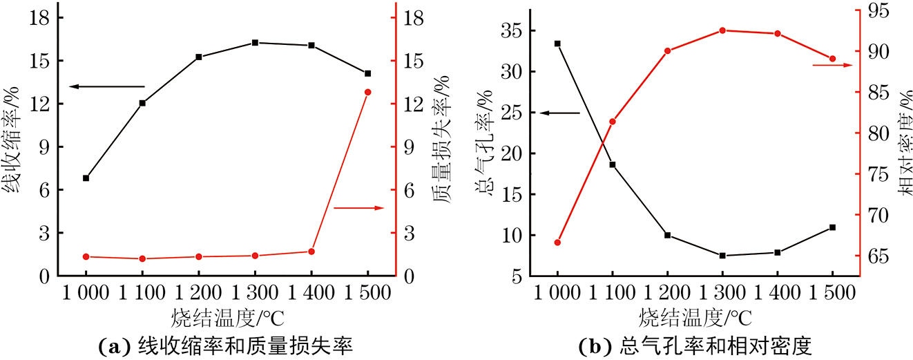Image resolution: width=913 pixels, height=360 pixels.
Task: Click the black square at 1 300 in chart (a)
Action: (255, 43)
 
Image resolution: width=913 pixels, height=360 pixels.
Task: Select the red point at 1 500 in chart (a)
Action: (367, 92)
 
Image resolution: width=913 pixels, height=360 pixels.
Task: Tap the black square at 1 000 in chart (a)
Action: (86, 178)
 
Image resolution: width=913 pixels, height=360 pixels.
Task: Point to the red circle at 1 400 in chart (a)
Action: (311, 252)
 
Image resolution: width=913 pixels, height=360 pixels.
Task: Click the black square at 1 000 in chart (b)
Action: (557, 44)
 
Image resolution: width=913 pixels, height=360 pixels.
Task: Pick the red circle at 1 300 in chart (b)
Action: (722, 30)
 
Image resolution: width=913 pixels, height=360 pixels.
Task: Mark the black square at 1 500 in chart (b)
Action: (832, 227)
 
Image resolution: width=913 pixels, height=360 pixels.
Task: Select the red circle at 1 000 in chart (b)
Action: (557, 243)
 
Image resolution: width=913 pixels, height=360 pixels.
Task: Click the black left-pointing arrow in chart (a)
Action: (107, 86)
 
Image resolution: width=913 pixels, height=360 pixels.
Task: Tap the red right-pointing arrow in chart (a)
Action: (358, 207)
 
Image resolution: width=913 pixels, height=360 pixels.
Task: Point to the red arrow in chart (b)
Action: (832, 65)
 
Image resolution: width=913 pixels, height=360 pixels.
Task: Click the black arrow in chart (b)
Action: (559, 112)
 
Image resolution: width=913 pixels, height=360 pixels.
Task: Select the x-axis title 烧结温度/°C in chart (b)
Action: (695, 318)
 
